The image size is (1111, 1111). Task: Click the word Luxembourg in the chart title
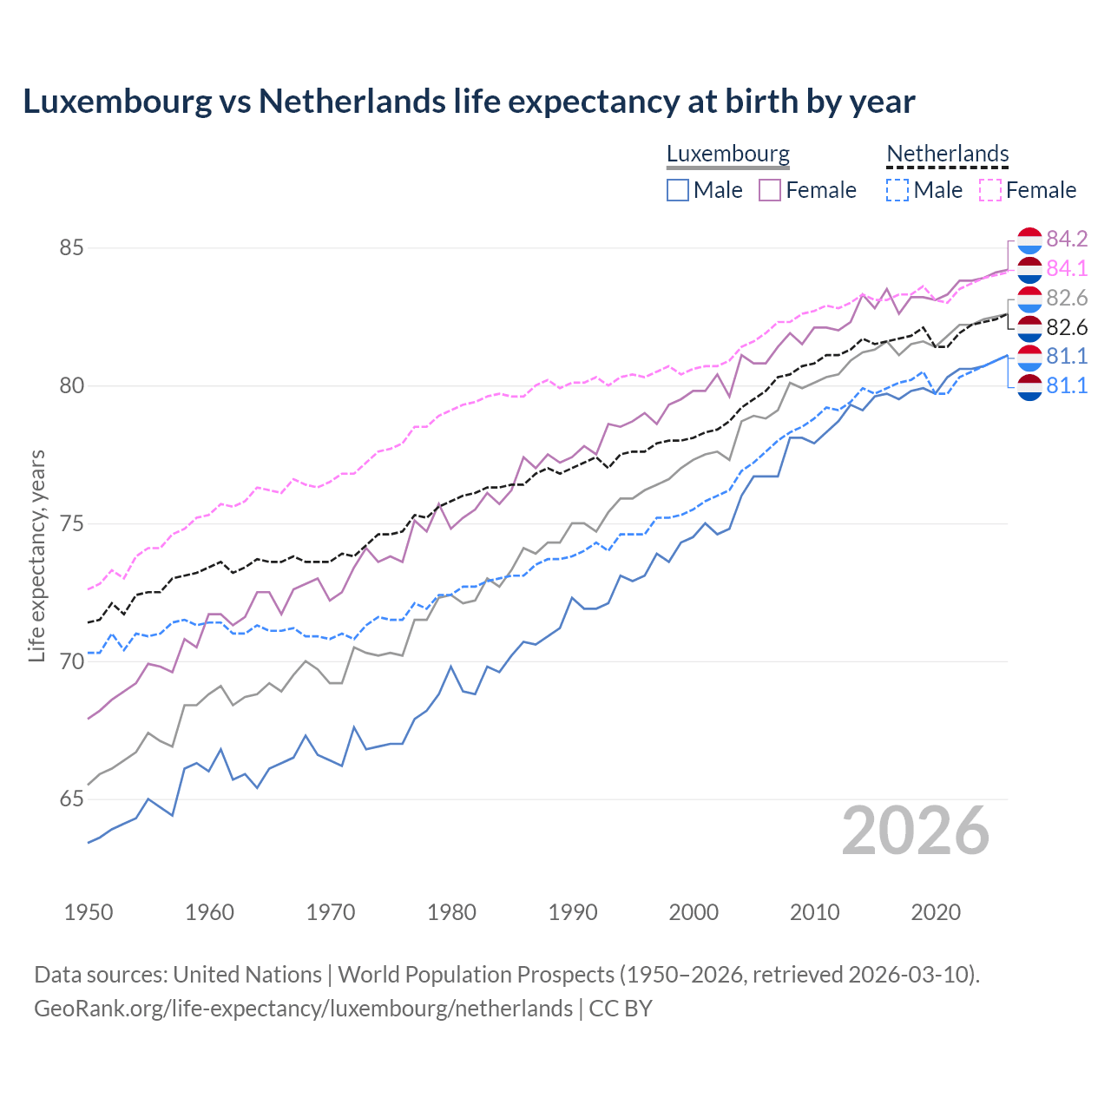pos(116,102)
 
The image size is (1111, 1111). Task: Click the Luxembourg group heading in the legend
pos(727,154)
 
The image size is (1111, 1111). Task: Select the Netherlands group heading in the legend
pos(947,154)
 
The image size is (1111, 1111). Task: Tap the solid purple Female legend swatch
pos(770,190)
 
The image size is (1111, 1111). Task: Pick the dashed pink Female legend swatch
pos(989,190)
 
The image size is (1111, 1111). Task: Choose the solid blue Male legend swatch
pos(678,190)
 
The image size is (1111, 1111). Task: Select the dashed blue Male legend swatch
pos(897,190)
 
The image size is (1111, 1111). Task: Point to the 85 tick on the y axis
pos(71,248)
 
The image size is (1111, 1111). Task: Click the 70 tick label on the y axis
pos(71,661)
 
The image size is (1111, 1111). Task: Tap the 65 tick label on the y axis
pos(71,799)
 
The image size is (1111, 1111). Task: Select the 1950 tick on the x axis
pos(89,912)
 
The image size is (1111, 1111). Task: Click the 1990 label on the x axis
pos(573,912)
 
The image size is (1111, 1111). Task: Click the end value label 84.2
pos(1067,239)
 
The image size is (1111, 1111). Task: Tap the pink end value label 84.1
pos(1067,268)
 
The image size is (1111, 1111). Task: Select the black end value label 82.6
pos(1067,327)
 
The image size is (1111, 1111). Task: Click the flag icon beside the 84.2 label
pos(1029,240)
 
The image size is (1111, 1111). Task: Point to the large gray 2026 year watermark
pos(915,831)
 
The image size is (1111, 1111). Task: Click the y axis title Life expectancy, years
pos(37,555)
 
